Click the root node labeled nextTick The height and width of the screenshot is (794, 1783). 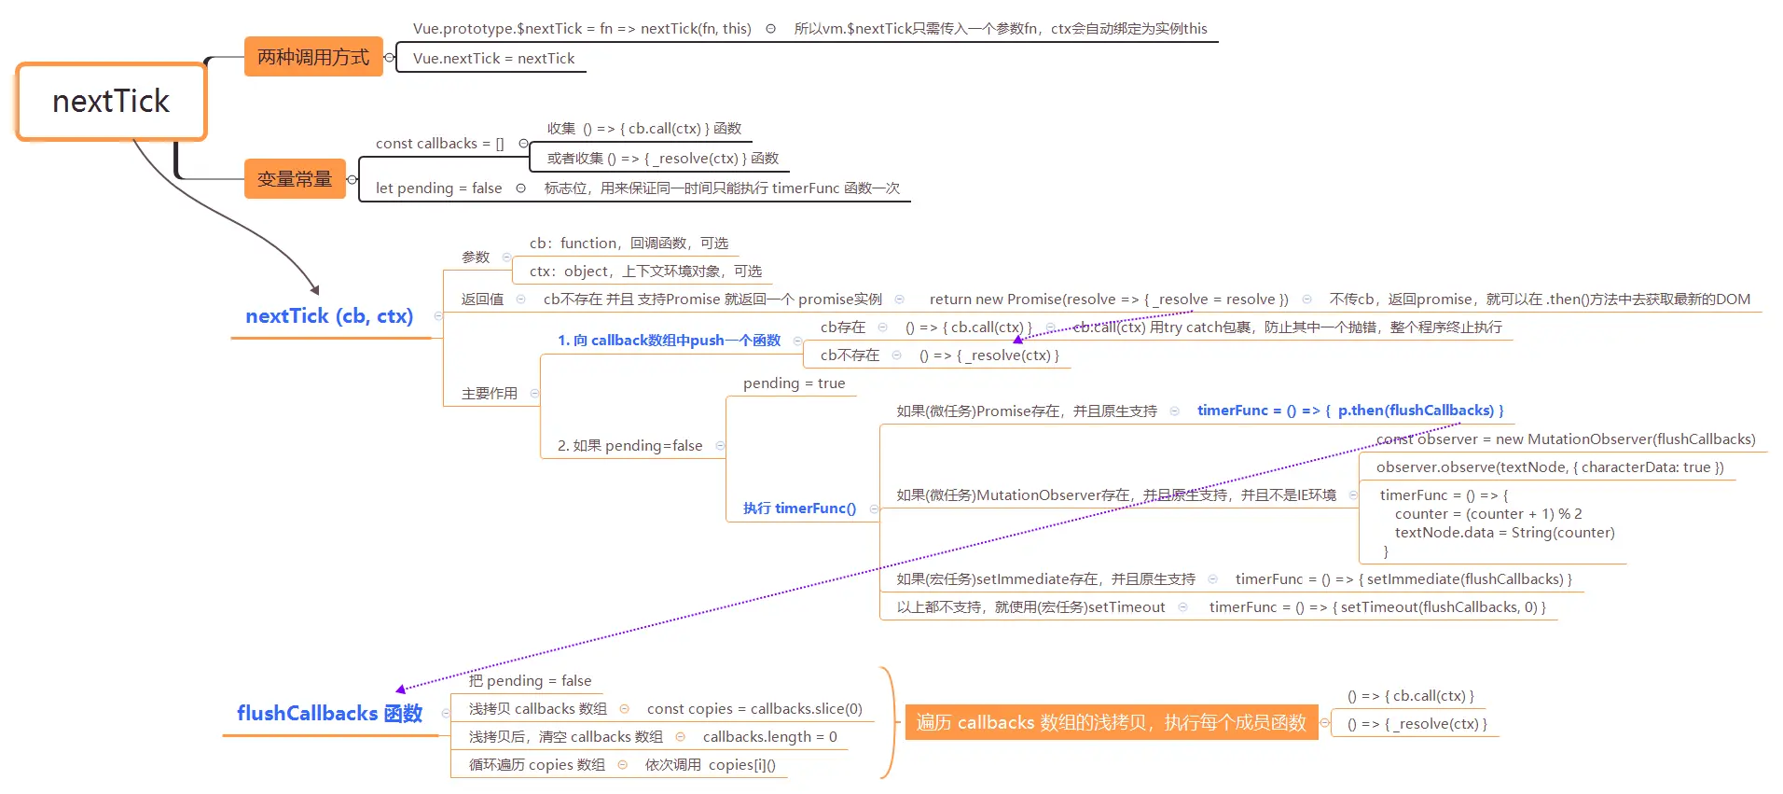coord(111,102)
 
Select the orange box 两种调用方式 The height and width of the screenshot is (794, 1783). coord(313,57)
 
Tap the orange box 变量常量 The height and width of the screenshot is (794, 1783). coord(295,179)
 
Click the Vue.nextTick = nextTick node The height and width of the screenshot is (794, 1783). coord(493,59)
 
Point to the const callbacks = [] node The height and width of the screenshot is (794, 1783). coord(439,144)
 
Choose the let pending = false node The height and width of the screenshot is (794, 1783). coord(438,188)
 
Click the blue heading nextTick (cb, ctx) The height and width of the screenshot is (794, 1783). coord(329,316)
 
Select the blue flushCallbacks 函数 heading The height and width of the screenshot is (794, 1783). coord(329,714)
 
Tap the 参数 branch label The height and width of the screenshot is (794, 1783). coord(476,258)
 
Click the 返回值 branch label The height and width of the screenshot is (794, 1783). coord(482,299)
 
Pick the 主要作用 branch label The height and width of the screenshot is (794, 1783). coord(489,394)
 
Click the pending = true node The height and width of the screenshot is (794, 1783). coord(794,383)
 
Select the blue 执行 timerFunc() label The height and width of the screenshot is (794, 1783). coord(799,508)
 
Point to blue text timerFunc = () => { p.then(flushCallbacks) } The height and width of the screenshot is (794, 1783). coord(1349,411)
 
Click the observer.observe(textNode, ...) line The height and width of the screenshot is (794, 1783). coord(1549,467)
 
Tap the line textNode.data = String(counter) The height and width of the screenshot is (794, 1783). coord(1504,533)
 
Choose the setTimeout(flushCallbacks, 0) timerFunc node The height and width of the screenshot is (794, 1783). coord(1377,607)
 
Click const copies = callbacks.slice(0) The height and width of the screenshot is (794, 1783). coord(754,709)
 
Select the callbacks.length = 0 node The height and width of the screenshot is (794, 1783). coord(769,737)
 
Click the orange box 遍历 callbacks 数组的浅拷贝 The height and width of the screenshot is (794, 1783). coord(1111,723)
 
